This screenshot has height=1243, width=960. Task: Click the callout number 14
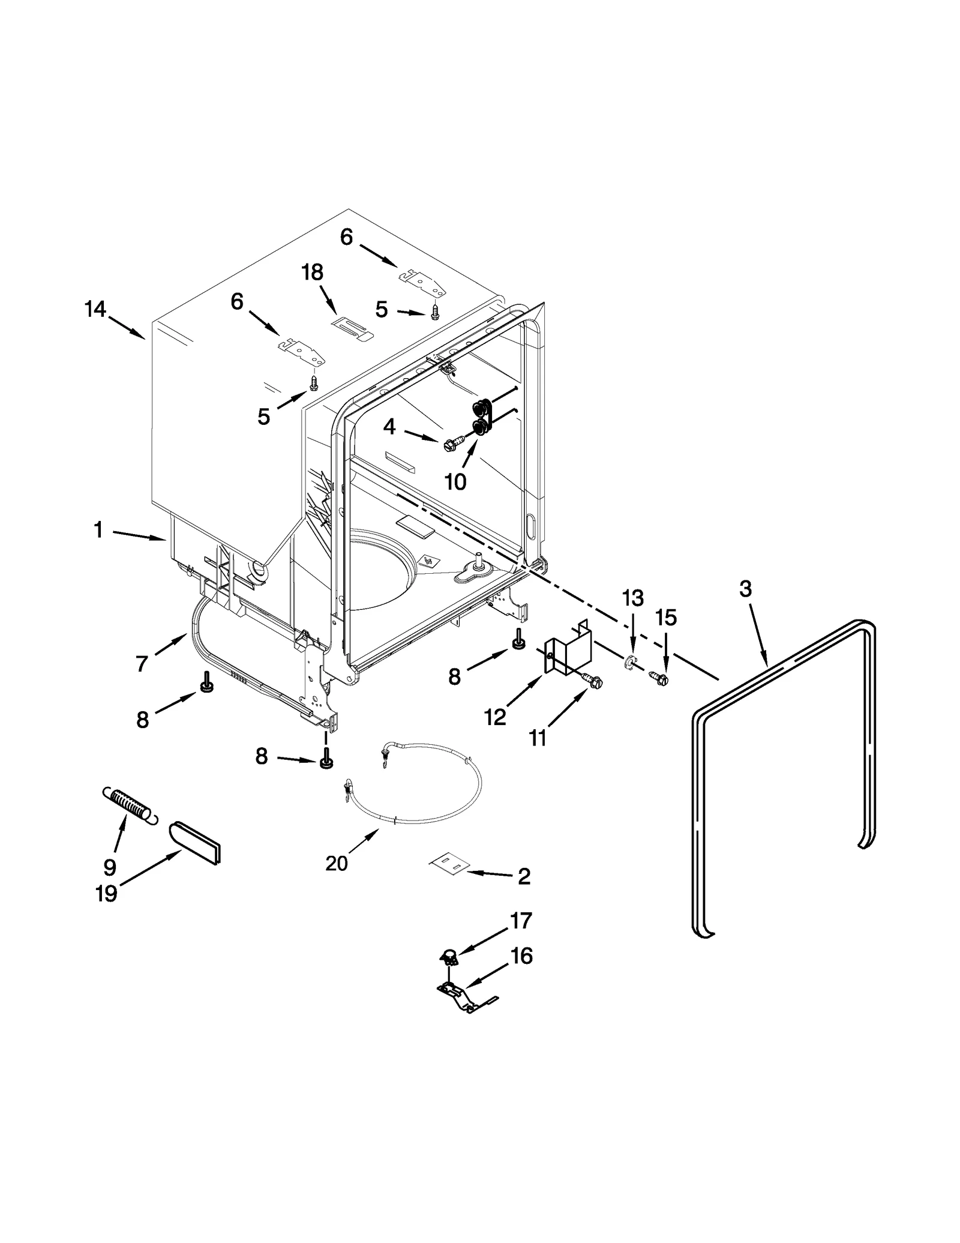(95, 310)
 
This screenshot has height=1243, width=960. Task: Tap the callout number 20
(336, 863)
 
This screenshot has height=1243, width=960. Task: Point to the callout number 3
(745, 589)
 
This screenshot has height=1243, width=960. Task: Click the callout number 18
(312, 272)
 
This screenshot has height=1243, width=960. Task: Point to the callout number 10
(455, 481)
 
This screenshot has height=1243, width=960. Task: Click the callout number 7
(142, 664)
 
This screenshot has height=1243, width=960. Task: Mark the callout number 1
(98, 530)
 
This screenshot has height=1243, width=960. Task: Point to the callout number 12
(495, 717)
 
